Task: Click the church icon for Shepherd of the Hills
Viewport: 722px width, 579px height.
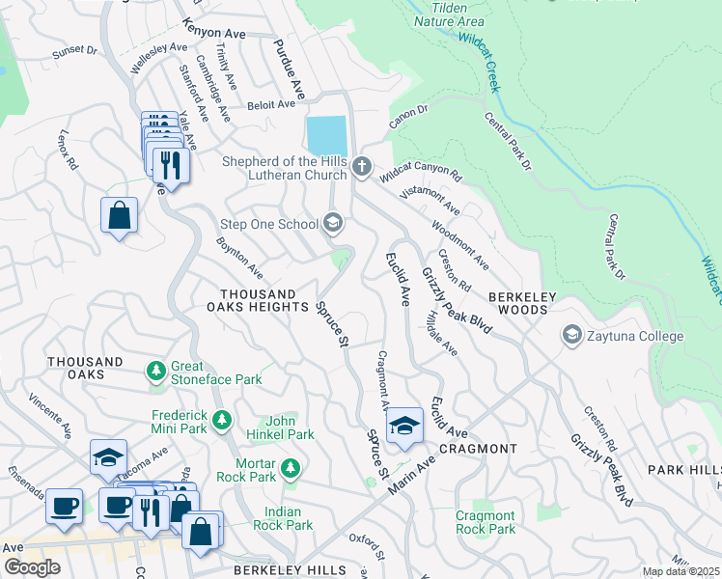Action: [x=362, y=167]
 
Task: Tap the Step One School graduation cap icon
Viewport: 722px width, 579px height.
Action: [x=334, y=224]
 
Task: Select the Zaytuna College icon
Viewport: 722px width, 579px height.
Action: [x=571, y=336]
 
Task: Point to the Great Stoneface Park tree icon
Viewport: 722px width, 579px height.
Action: [x=155, y=372]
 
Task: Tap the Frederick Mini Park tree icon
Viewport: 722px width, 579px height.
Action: [x=223, y=420]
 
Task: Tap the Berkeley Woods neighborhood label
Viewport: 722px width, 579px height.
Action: [x=517, y=302]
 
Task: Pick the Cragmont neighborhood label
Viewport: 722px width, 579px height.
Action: [x=478, y=449]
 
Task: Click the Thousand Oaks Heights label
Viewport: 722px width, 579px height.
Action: [x=257, y=300]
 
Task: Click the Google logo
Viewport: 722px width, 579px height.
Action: [x=32, y=567]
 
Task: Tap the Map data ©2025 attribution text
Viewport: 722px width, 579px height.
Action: [x=680, y=571]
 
